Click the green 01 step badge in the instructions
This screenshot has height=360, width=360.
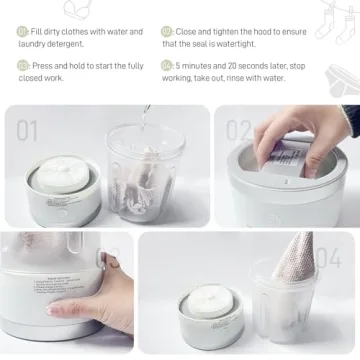point(22,32)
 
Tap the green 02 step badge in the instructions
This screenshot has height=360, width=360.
point(167,32)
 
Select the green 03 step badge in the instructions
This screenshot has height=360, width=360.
point(22,65)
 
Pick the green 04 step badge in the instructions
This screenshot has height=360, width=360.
point(167,65)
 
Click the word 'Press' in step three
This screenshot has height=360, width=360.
point(45,65)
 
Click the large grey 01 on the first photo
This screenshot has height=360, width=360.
point(27,130)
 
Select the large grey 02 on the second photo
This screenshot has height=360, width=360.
point(239,130)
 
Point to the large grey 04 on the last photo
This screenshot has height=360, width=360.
point(328,257)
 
